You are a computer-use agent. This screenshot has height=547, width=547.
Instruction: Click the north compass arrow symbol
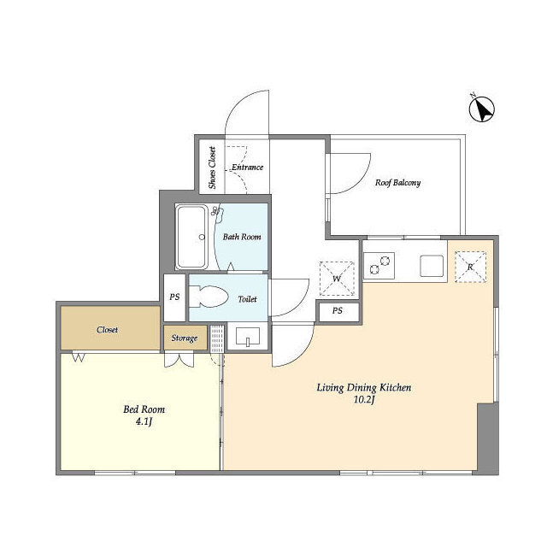(x=482, y=109)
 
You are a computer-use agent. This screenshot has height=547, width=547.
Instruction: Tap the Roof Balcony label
(x=397, y=183)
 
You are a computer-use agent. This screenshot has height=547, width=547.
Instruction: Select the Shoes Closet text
(x=212, y=168)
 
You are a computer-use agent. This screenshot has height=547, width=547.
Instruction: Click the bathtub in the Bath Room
(x=191, y=237)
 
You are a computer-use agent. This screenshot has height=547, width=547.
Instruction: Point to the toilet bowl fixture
(x=209, y=297)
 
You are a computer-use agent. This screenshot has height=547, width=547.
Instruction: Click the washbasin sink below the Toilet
(x=248, y=337)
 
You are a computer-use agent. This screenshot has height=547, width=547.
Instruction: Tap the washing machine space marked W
(x=337, y=279)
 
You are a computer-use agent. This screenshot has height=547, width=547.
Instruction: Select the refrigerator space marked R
(x=470, y=267)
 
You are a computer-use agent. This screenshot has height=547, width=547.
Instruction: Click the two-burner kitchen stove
(x=379, y=266)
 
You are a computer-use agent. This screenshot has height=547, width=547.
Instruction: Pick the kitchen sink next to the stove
(x=432, y=266)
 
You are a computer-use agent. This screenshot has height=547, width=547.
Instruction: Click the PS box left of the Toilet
(x=174, y=297)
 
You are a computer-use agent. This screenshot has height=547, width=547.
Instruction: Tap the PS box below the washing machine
(x=338, y=311)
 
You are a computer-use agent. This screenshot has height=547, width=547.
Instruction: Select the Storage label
(x=185, y=338)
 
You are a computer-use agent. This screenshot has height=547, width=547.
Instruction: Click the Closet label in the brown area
(x=107, y=330)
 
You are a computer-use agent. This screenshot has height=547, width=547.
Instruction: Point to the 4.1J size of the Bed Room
(x=144, y=421)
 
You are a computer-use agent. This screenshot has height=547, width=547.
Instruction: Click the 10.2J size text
(x=364, y=400)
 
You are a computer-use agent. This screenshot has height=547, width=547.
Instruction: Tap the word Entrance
(x=248, y=168)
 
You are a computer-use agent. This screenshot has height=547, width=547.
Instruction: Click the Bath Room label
(x=242, y=238)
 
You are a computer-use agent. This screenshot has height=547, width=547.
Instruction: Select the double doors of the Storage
(x=179, y=360)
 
